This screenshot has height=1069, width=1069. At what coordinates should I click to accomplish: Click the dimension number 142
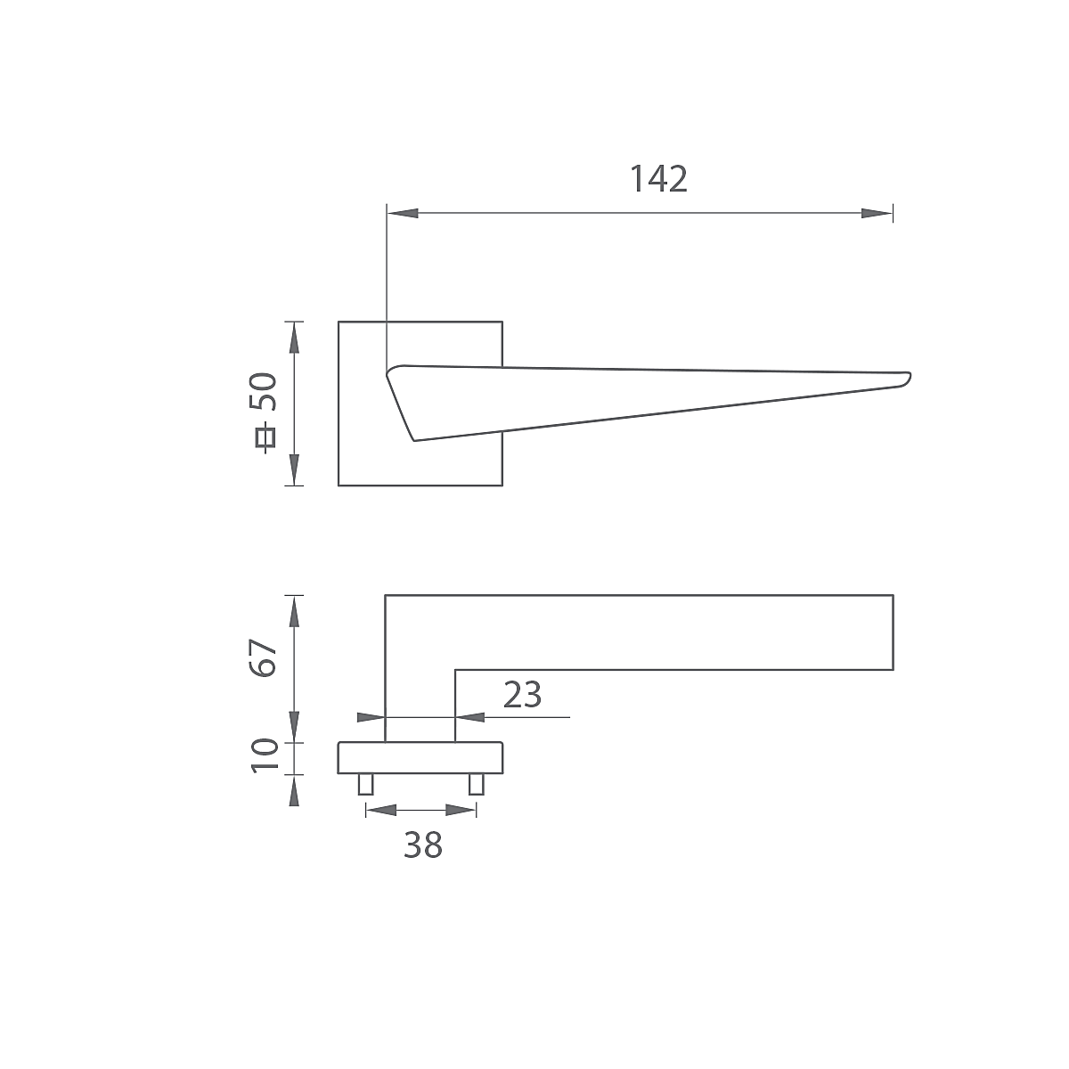[658, 179]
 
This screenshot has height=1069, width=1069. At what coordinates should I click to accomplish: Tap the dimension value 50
[264, 392]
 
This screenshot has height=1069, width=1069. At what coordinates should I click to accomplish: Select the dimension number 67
[263, 658]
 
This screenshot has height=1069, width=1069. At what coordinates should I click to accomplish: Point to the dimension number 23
[522, 695]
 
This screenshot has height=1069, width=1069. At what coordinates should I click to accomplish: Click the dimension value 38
[423, 845]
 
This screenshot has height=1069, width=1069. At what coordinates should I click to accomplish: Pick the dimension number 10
[265, 755]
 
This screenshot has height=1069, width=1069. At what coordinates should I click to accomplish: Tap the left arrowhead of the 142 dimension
[402, 213]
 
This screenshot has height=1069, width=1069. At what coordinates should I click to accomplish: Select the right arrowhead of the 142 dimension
[877, 213]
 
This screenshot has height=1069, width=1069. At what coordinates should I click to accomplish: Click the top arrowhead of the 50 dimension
[294, 338]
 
